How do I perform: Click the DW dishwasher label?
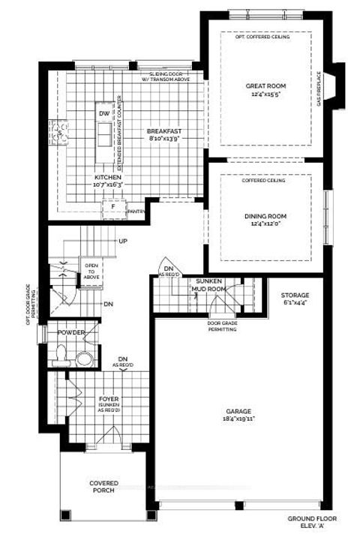[x=103, y=114]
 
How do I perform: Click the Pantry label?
[x=136, y=212]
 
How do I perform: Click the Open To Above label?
[x=91, y=271]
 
